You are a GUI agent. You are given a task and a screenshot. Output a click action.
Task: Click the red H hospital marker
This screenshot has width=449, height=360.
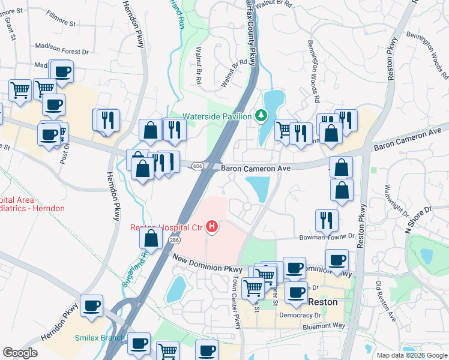click(211, 227)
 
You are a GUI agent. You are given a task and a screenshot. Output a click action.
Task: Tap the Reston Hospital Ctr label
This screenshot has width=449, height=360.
click(167, 227)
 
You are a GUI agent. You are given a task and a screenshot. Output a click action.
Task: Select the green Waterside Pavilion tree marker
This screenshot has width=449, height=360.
click(261, 115)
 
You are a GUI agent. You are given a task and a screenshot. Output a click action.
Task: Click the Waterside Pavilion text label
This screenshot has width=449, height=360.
click(217, 116)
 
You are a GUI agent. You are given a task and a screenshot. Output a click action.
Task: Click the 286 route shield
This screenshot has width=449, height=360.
click(174, 240)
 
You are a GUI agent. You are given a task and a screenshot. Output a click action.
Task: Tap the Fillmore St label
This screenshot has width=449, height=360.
click(61, 24)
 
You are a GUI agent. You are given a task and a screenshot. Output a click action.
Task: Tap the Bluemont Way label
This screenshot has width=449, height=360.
click(325, 326)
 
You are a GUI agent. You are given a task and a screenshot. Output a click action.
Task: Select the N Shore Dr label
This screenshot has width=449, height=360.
click(418, 220)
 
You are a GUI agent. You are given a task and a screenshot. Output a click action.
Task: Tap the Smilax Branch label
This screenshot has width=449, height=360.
click(99, 338)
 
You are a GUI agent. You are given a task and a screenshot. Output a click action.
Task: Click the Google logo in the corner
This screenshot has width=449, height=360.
click(20, 352)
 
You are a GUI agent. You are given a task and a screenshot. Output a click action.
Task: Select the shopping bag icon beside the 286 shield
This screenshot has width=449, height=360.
click(151, 239)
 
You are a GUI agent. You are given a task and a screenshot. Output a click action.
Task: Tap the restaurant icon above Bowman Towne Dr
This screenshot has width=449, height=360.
click(327, 220)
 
